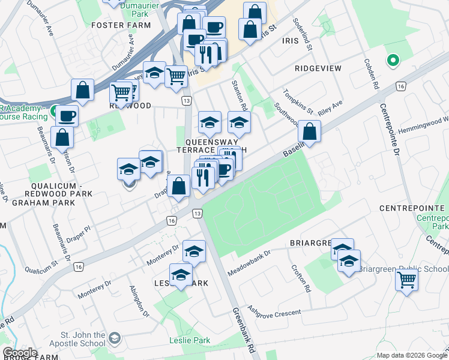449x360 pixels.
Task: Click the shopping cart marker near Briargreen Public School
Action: [406, 280]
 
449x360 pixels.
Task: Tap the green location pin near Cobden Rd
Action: [393, 61]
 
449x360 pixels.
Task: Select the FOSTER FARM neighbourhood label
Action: [121, 25]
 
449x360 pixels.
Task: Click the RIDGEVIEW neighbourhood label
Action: [318, 68]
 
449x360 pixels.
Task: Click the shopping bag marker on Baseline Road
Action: [309, 132]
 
